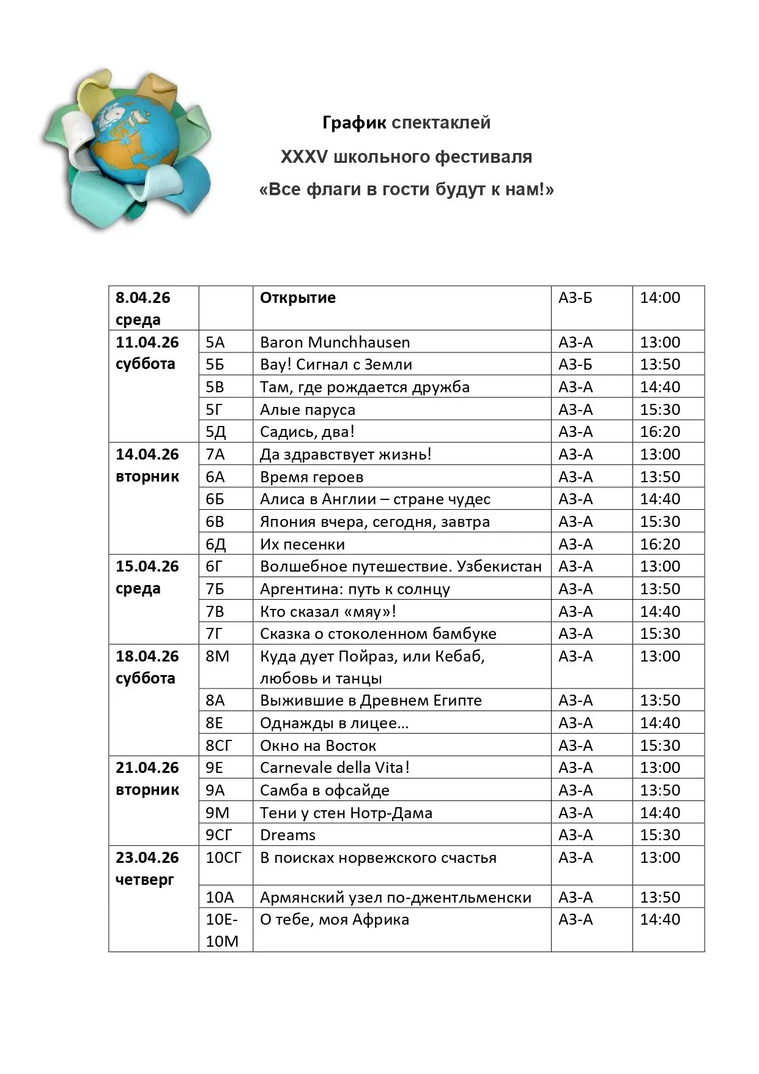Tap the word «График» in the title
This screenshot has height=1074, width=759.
point(354,123)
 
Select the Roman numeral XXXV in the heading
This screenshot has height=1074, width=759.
point(304,157)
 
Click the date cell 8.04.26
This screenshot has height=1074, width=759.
point(143,298)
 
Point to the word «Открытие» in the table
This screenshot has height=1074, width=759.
point(298,298)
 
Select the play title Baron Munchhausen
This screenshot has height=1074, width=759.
point(335,342)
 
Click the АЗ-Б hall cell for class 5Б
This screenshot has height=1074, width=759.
point(575,365)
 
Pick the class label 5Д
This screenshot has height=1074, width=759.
point(215,432)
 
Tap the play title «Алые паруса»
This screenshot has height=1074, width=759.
point(307,409)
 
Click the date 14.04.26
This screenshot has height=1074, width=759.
point(147,455)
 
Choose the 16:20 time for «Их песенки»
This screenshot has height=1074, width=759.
point(660,544)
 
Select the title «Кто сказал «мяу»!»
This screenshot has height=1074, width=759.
point(328,611)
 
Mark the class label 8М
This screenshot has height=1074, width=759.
point(217,657)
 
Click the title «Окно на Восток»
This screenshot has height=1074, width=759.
point(317,745)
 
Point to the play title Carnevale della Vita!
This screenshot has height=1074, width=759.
point(335,768)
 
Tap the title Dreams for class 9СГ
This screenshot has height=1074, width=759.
point(287,835)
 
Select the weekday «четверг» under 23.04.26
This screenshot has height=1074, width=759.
point(144,880)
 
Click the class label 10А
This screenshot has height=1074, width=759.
point(220,898)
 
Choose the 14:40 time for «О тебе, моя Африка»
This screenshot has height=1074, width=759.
point(660,919)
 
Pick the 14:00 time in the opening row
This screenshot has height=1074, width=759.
point(660,298)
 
